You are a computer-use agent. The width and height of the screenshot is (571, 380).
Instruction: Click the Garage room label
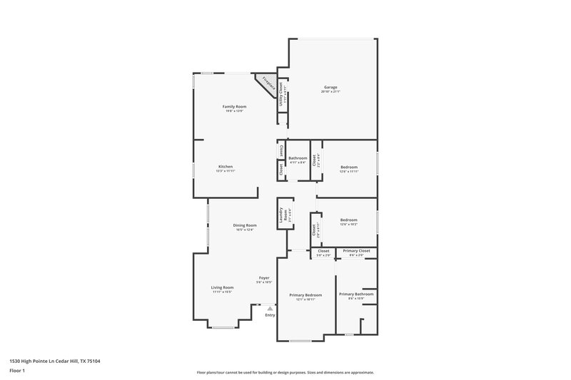point(330,87)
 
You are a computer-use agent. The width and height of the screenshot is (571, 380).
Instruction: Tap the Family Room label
point(234,106)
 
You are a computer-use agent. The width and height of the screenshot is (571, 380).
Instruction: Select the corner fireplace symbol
point(269,83)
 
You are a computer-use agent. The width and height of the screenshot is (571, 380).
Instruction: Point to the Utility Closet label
point(281,93)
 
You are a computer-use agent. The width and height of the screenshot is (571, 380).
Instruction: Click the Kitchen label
point(226,167)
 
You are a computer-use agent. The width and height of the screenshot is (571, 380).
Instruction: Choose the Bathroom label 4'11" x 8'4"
point(298,158)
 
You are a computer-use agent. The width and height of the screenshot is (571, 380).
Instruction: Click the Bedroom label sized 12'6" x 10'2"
point(348,220)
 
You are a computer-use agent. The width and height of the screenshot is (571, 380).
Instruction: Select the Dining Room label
point(244,225)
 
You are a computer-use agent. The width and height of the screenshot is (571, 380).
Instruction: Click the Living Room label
point(222,287)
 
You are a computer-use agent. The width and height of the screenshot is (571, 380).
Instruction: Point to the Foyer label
point(264,278)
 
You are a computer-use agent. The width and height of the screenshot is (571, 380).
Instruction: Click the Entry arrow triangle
point(270,308)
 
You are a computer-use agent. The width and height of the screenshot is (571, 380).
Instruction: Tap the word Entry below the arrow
point(270,314)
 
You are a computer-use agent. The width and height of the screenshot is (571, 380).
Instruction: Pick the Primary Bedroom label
point(305,295)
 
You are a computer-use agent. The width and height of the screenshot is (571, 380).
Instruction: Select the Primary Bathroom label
point(355,294)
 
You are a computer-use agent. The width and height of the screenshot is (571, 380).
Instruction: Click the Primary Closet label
point(355,251)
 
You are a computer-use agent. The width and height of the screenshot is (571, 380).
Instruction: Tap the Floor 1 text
point(16,371)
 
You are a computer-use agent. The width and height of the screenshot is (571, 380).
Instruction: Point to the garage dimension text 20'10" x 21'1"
point(330,92)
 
